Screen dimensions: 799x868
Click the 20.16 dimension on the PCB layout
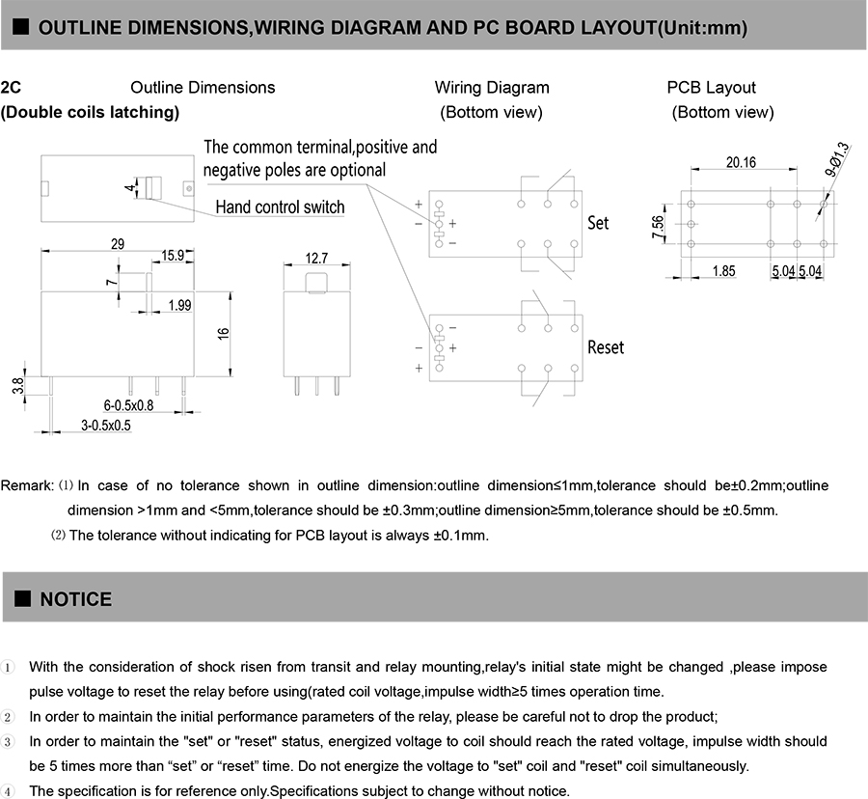(741, 162)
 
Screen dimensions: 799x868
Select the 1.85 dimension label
(723, 271)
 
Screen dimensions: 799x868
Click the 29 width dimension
(118, 244)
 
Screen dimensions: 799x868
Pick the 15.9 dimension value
(173, 256)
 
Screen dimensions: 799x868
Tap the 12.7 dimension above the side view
(316, 258)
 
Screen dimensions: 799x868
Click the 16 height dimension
(224, 333)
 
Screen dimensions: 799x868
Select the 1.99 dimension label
(178, 305)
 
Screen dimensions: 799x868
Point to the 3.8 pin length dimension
(17, 386)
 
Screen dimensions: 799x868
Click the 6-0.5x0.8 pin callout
(128, 405)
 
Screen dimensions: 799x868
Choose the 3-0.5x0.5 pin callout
(105, 425)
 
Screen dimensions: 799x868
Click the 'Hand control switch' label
(280, 207)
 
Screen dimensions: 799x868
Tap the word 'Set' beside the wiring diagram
(598, 223)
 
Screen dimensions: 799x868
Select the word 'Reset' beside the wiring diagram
(606, 346)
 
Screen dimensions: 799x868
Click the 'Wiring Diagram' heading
(492, 88)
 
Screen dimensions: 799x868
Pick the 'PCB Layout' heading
(712, 88)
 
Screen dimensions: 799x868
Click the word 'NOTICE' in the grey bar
(75, 599)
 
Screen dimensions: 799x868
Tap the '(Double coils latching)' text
(91, 112)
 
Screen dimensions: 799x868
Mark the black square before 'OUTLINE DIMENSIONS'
(21, 27)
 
